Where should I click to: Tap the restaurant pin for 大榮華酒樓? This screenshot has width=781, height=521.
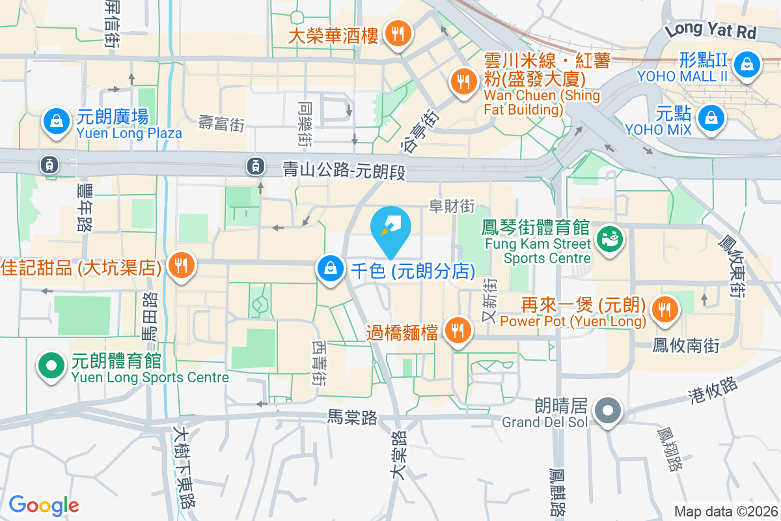click(396, 33)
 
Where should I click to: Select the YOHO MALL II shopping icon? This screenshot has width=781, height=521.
click(748, 64)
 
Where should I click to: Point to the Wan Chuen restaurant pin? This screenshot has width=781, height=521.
click(463, 81)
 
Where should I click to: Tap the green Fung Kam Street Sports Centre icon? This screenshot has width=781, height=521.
click(610, 239)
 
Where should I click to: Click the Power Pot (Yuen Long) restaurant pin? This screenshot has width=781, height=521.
click(664, 309)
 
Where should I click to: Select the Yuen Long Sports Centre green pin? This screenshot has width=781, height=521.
click(52, 365)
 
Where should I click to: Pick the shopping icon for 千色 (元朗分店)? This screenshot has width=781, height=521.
click(331, 268)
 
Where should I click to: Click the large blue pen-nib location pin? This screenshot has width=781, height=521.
click(390, 230)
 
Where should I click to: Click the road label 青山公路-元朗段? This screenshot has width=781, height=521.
click(344, 171)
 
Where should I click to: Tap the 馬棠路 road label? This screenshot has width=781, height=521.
click(353, 417)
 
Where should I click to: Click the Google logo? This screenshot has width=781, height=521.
click(44, 505)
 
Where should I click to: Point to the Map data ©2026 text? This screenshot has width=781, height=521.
click(726, 511)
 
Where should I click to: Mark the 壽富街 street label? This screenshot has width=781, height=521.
click(222, 123)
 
